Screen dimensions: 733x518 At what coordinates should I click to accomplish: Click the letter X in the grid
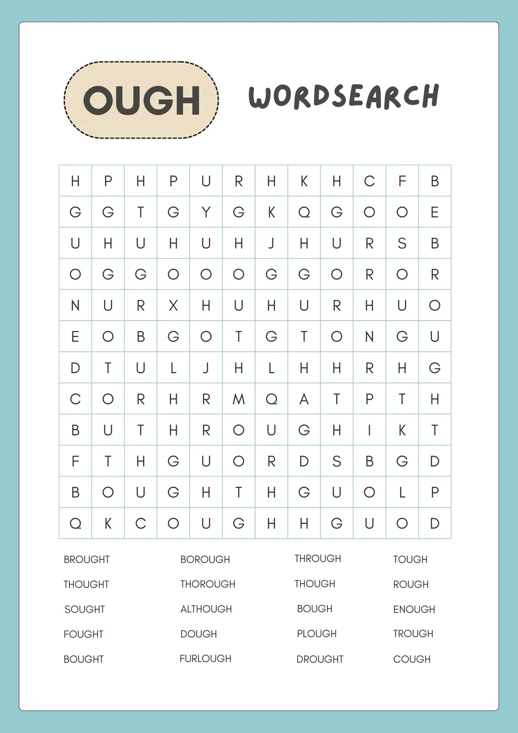coord(173,306)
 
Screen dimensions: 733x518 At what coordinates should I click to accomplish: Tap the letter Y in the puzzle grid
coord(206,212)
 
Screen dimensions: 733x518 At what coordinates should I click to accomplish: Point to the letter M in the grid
coord(239,399)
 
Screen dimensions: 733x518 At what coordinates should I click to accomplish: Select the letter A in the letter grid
coord(304,399)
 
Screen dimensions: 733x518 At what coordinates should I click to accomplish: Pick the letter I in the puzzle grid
coord(369,430)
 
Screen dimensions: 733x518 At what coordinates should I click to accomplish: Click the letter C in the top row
coord(369,181)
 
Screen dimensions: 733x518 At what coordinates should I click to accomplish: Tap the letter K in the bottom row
coord(108,523)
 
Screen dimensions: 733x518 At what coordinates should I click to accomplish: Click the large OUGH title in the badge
coord(141,100)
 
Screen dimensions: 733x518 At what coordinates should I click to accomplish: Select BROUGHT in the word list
coord(87,559)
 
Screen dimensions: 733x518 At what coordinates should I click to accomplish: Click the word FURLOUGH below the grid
coord(205,658)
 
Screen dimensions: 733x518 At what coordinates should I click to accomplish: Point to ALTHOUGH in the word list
coord(206,609)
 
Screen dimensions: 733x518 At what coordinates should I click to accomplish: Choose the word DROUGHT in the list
coord(320,659)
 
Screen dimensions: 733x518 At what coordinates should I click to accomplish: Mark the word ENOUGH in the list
coord(414,609)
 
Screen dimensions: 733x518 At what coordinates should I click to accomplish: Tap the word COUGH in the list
coord(412,659)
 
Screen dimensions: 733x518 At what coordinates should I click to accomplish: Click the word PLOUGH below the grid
coord(316,634)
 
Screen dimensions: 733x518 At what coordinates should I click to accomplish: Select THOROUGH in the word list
coord(207,584)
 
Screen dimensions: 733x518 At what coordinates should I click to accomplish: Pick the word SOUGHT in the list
coord(85,609)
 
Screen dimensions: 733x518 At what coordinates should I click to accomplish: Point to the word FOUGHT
coord(83,634)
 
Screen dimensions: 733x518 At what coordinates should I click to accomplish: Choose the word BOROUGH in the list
coord(205,559)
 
